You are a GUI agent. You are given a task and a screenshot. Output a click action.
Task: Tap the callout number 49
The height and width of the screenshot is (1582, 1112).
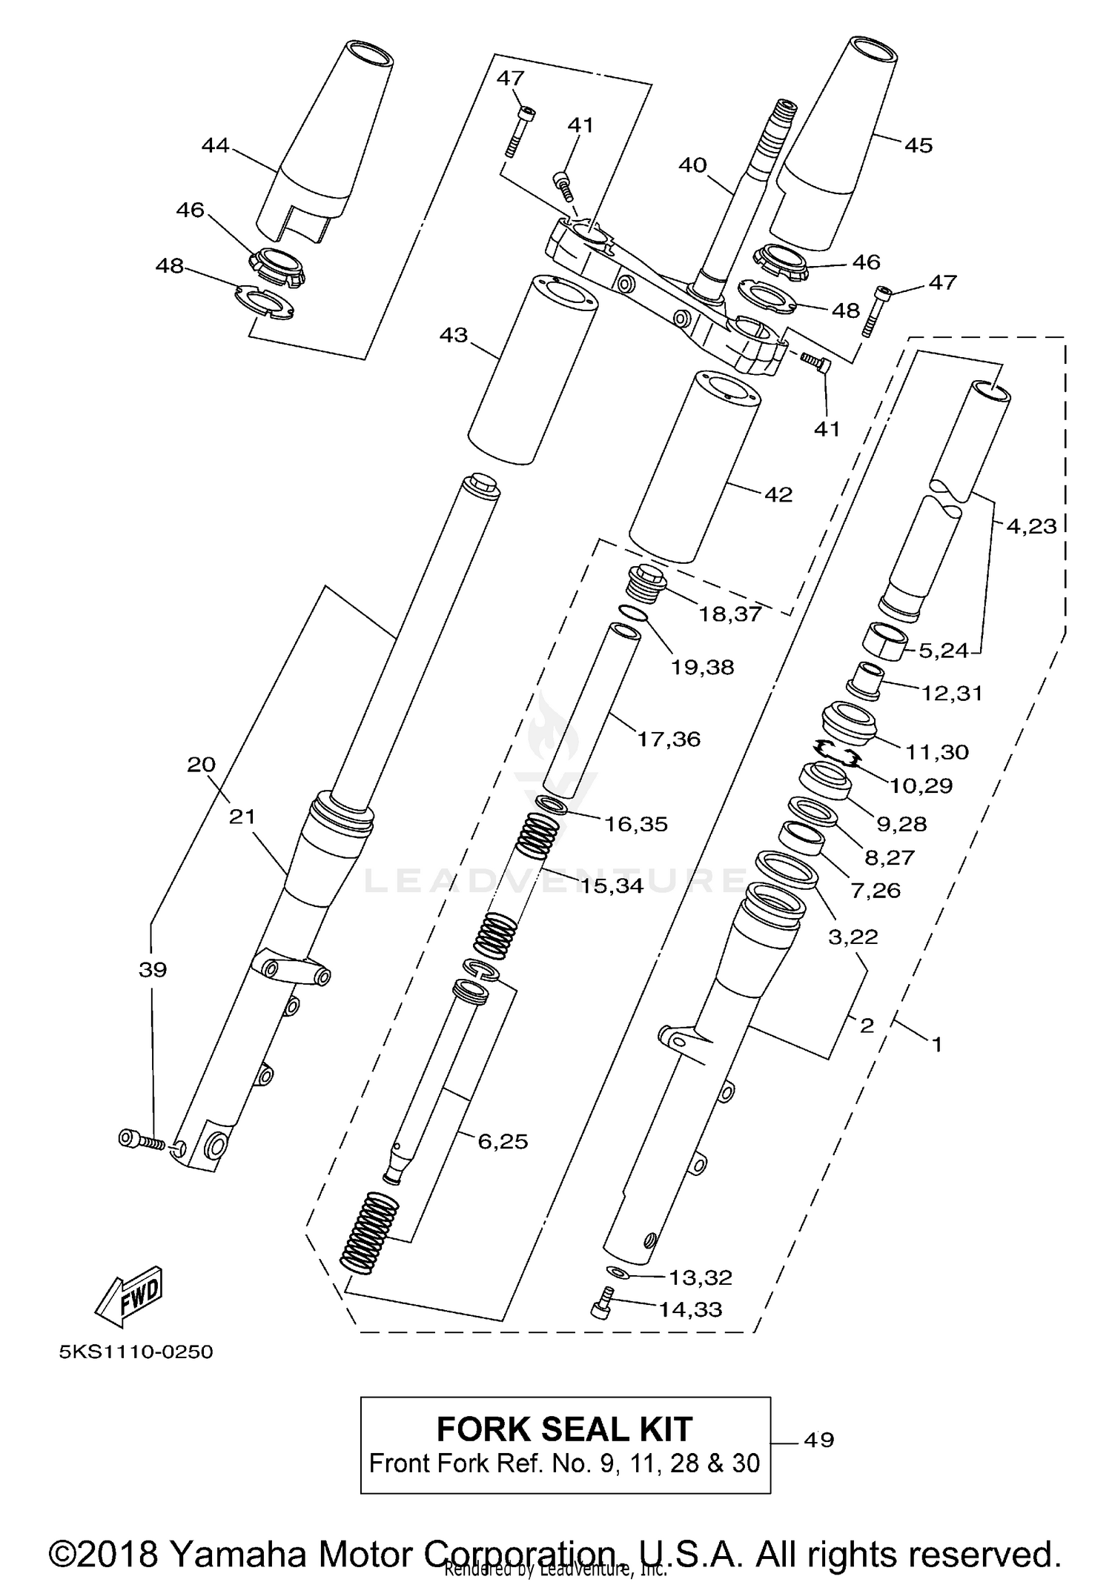point(818,1440)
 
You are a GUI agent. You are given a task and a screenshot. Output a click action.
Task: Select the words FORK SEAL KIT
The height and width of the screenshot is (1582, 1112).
point(564,1429)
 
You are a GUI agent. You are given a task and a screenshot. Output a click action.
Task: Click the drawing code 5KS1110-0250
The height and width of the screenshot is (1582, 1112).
point(136,1352)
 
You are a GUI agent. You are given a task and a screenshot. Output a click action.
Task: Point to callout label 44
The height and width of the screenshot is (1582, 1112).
point(215,145)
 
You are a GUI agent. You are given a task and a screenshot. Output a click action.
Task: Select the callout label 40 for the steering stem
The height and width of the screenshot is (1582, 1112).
point(692,164)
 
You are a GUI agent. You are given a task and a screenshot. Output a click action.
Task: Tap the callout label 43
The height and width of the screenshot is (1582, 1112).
point(454,336)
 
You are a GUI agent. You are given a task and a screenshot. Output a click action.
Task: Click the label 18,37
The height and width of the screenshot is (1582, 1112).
point(729,614)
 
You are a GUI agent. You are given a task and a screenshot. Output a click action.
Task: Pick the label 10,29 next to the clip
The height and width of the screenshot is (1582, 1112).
point(921,785)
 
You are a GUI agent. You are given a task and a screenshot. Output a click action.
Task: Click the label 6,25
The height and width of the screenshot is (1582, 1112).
point(503,1142)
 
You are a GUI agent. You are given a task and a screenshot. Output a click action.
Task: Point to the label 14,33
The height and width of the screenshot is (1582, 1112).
point(690,1309)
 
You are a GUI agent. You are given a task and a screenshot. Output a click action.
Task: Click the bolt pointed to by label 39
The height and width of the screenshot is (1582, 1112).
point(141,1140)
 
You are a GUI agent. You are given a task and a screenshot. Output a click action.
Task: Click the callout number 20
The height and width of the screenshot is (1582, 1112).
point(201,764)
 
